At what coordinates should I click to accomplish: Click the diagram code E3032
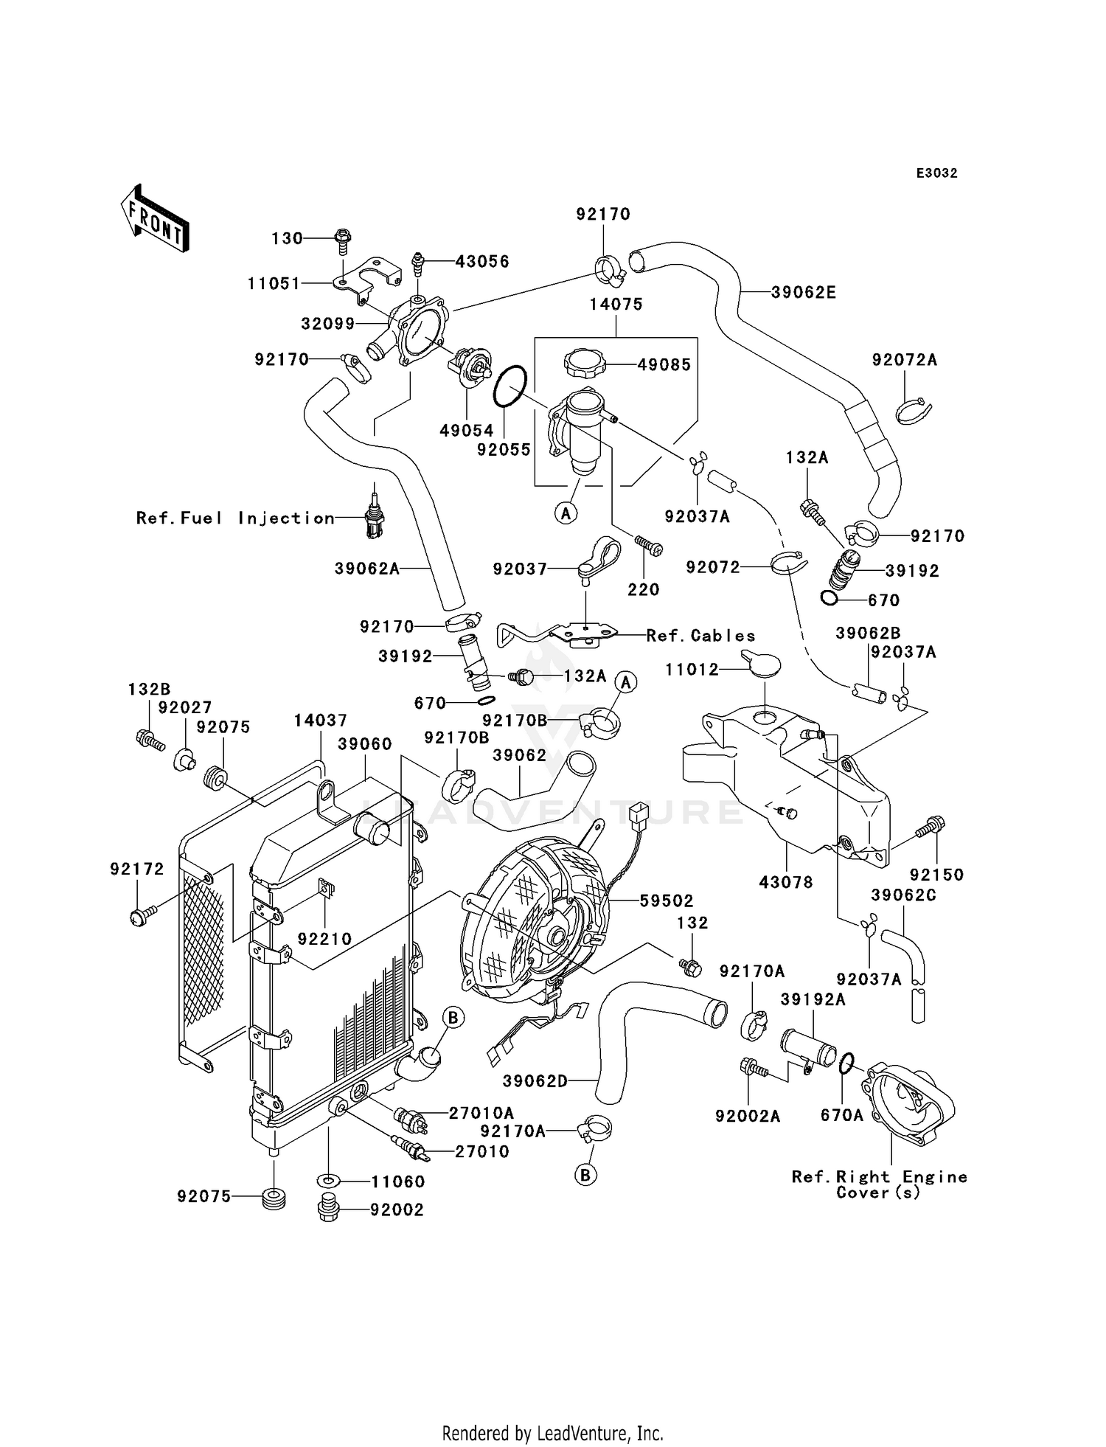point(937,173)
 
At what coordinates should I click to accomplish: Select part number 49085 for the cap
point(664,364)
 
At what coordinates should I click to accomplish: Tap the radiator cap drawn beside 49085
point(584,363)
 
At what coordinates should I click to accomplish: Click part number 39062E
point(804,292)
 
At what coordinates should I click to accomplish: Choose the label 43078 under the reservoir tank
point(787,882)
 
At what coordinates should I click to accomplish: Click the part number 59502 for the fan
point(667,901)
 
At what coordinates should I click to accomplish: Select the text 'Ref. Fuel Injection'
point(235,518)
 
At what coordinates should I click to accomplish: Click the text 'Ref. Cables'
point(700,636)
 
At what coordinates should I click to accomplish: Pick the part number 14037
point(320,721)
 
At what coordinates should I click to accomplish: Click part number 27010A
point(481,1113)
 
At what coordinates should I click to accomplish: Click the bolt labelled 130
point(342,237)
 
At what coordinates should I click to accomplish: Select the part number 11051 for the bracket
point(274,283)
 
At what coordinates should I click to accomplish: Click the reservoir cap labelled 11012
point(761,665)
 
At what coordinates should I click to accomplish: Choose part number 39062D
point(535,1082)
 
